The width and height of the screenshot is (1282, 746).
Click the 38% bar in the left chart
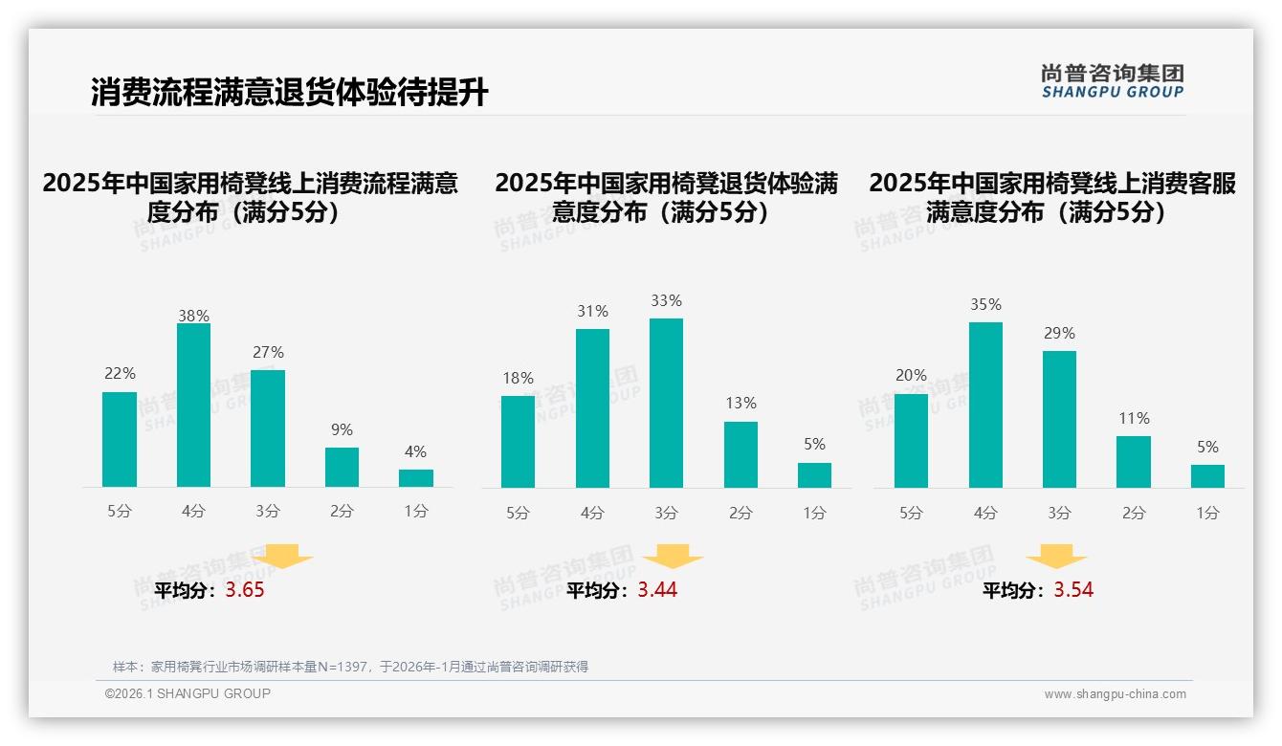(x=193, y=406)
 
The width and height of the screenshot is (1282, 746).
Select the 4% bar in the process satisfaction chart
(x=416, y=478)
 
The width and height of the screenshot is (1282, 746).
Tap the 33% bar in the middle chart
(x=666, y=403)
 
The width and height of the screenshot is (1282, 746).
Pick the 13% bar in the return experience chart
(x=740, y=455)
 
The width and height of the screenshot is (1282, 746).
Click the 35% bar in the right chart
(x=985, y=406)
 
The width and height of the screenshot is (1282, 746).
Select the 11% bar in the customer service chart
(x=1134, y=462)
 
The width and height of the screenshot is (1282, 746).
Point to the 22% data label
(x=120, y=374)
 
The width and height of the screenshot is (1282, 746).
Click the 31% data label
(x=592, y=312)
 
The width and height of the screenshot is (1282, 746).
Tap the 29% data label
(x=1059, y=334)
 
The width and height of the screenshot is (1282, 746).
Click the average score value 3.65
(x=245, y=590)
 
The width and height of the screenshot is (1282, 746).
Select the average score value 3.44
(x=657, y=590)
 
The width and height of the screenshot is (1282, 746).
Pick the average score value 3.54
(x=1073, y=590)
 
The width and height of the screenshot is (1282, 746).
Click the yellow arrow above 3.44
(x=673, y=557)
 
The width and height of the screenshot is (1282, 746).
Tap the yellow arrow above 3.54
(x=1056, y=557)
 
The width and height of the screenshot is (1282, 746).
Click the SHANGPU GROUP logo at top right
(x=1113, y=81)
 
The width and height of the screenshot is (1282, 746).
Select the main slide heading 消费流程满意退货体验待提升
(x=289, y=93)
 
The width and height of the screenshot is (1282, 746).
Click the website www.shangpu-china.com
(x=1115, y=694)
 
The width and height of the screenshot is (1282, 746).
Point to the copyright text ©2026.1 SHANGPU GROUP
(x=188, y=693)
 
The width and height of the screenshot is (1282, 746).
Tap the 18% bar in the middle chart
(x=518, y=442)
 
